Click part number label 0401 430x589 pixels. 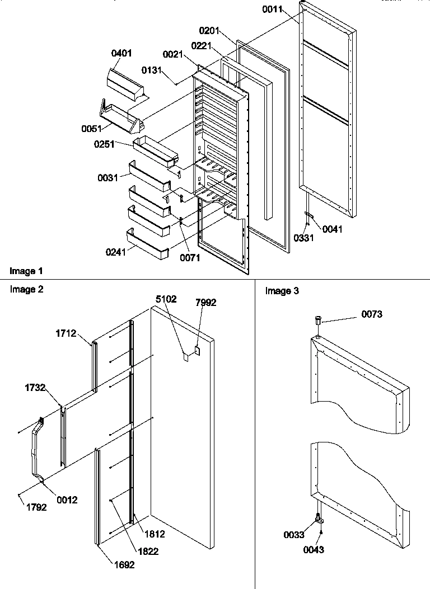121,54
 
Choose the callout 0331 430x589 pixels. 303,238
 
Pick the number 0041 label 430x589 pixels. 331,229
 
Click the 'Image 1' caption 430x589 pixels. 26,271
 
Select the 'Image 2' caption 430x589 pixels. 26,289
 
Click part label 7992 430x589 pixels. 205,303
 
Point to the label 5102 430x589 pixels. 166,299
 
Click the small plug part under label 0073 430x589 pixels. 318,322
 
